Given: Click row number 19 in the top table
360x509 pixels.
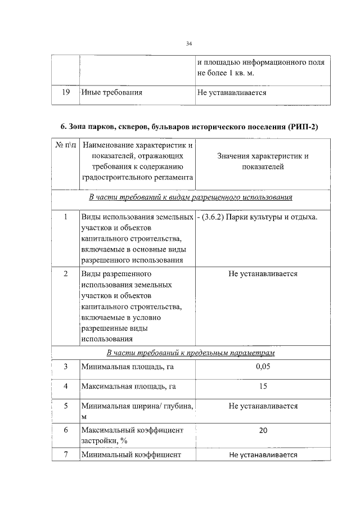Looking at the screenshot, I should coord(65,92).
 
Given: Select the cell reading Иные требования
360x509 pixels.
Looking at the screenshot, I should coord(111,92).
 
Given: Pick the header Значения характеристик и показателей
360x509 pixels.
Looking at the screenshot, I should coord(263,161).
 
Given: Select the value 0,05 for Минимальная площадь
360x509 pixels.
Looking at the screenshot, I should coord(263,367).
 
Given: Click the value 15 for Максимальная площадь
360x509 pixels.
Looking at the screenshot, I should coord(263,386).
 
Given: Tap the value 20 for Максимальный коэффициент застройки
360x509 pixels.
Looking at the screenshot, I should coord(263,430).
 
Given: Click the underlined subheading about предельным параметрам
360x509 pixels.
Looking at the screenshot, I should coord(190,353).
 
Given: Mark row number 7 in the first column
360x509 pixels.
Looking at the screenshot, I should coord(65,454).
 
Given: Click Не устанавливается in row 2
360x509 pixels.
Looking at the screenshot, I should coord(263,274).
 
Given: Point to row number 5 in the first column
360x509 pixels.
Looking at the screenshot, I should coord(65,406).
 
